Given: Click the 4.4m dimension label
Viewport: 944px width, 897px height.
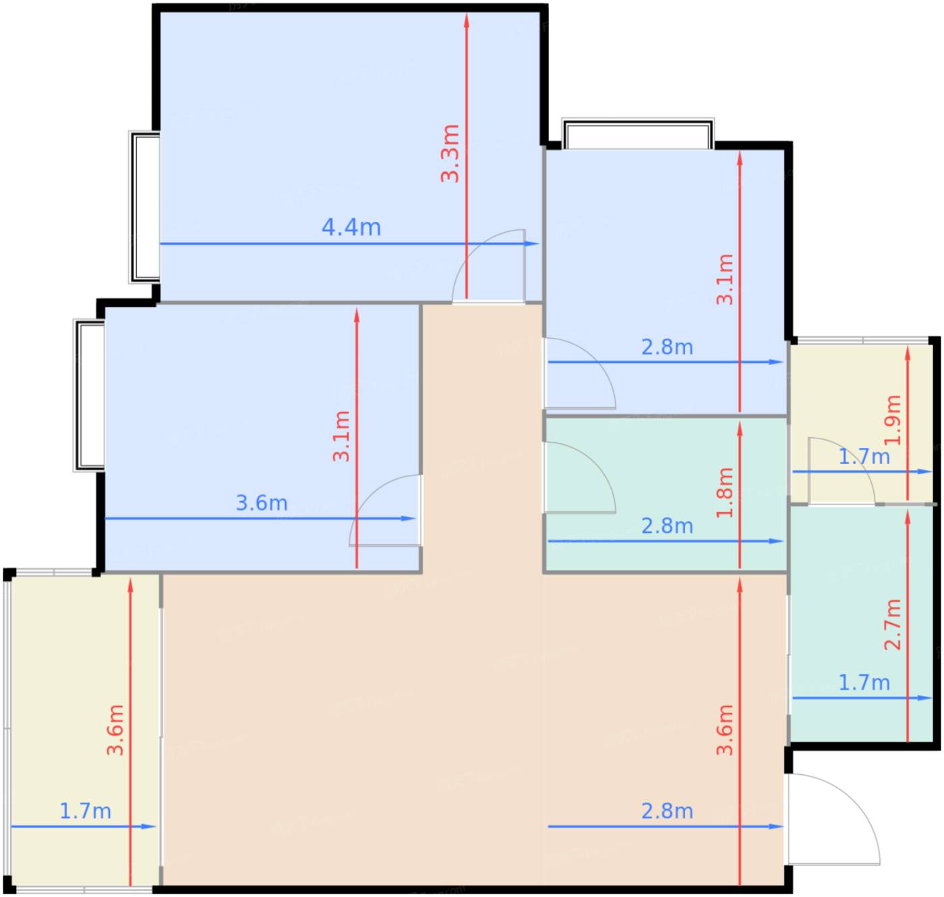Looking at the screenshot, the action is pyautogui.click(x=351, y=227).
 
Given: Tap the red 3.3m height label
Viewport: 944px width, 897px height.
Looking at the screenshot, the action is pyautogui.click(x=450, y=153).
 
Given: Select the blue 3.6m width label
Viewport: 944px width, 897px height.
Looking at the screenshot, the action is pyautogui.click(x=262, y=503).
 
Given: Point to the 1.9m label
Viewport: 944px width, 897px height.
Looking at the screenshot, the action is pyautogui.click(x=893, y=420).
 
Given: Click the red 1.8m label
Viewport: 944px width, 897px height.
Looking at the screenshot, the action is pyautogui.click(x=725, y=492).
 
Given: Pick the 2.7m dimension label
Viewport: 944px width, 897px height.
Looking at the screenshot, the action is pyautogui.click(x=893, y=625).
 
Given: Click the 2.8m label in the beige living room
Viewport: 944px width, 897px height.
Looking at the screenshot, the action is pyautogui.click(x=667, y=811).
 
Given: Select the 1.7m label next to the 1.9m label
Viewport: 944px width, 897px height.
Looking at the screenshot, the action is pyautogui.click(x=864, y=457).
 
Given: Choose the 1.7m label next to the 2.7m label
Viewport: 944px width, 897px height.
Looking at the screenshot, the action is pyautogui.click(x=864, y=683).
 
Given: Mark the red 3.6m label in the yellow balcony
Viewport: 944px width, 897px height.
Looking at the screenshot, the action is pyautogui.click(x=115, y=730).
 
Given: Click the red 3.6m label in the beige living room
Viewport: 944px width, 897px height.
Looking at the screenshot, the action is pyautogui.click(x=725, y=730).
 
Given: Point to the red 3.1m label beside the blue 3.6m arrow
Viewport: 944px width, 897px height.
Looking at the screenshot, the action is pyautogui.click(x=341, y=436).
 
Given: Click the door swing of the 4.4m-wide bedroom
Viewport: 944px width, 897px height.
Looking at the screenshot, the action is pyautogui.click(x=473, y=250).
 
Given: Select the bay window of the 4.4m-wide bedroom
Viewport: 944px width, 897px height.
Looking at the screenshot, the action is pyautogui.click(x=144, y=207).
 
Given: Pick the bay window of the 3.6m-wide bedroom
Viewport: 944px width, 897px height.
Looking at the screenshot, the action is pyautogui.click(x=89, y=395).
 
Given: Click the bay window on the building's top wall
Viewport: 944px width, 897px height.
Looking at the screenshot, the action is pyautogui.click(x=638, y=134).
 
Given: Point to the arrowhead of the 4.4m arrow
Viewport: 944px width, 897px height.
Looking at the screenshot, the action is pyautogui.click(x=532, y=244).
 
